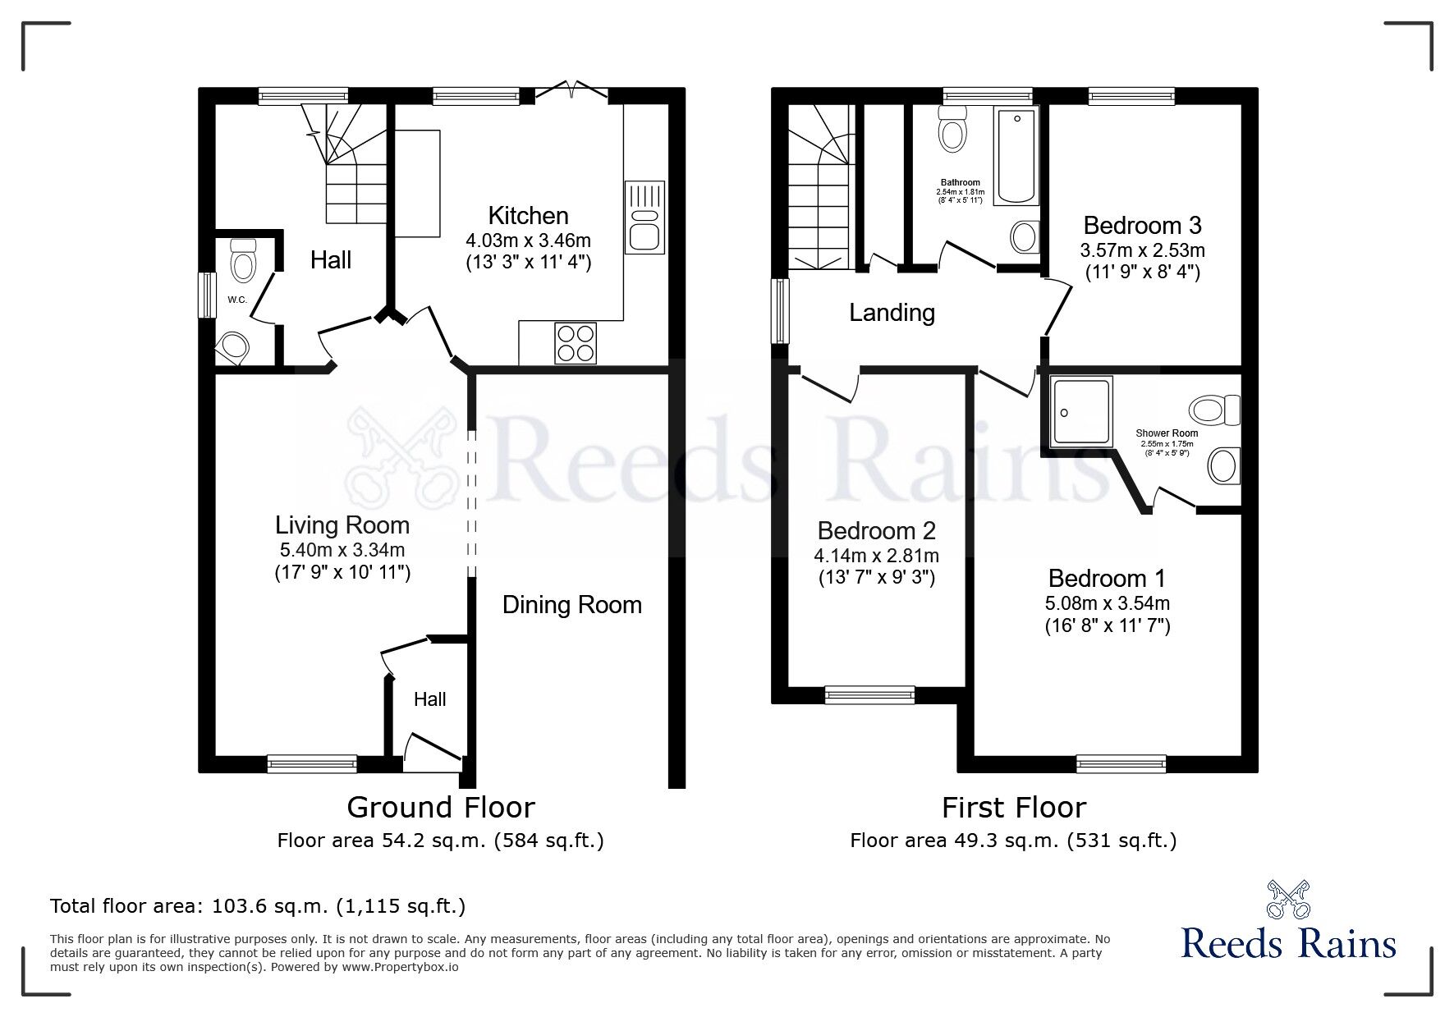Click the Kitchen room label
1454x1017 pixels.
[x=528, y=216]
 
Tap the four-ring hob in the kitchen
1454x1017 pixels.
[x=576, y=343]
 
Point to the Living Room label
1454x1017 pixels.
[x=342, y=525]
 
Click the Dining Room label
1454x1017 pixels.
[x=571, y=605]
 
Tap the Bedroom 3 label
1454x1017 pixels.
[x=1142, y=225]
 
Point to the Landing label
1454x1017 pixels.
[x=892, y=313]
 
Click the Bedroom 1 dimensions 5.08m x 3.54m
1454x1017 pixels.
[x=1107, y=603]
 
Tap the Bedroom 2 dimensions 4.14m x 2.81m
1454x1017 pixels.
[x=877, y=556]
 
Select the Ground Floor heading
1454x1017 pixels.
[x=441, y=808]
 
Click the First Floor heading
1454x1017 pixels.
[x=1013, y=808]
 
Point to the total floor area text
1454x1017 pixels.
[x=258, y=906]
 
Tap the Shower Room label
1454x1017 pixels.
[x=1166, y=433]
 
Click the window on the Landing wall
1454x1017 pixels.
[x=780, y=311]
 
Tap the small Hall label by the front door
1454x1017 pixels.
[x=429, y=699]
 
